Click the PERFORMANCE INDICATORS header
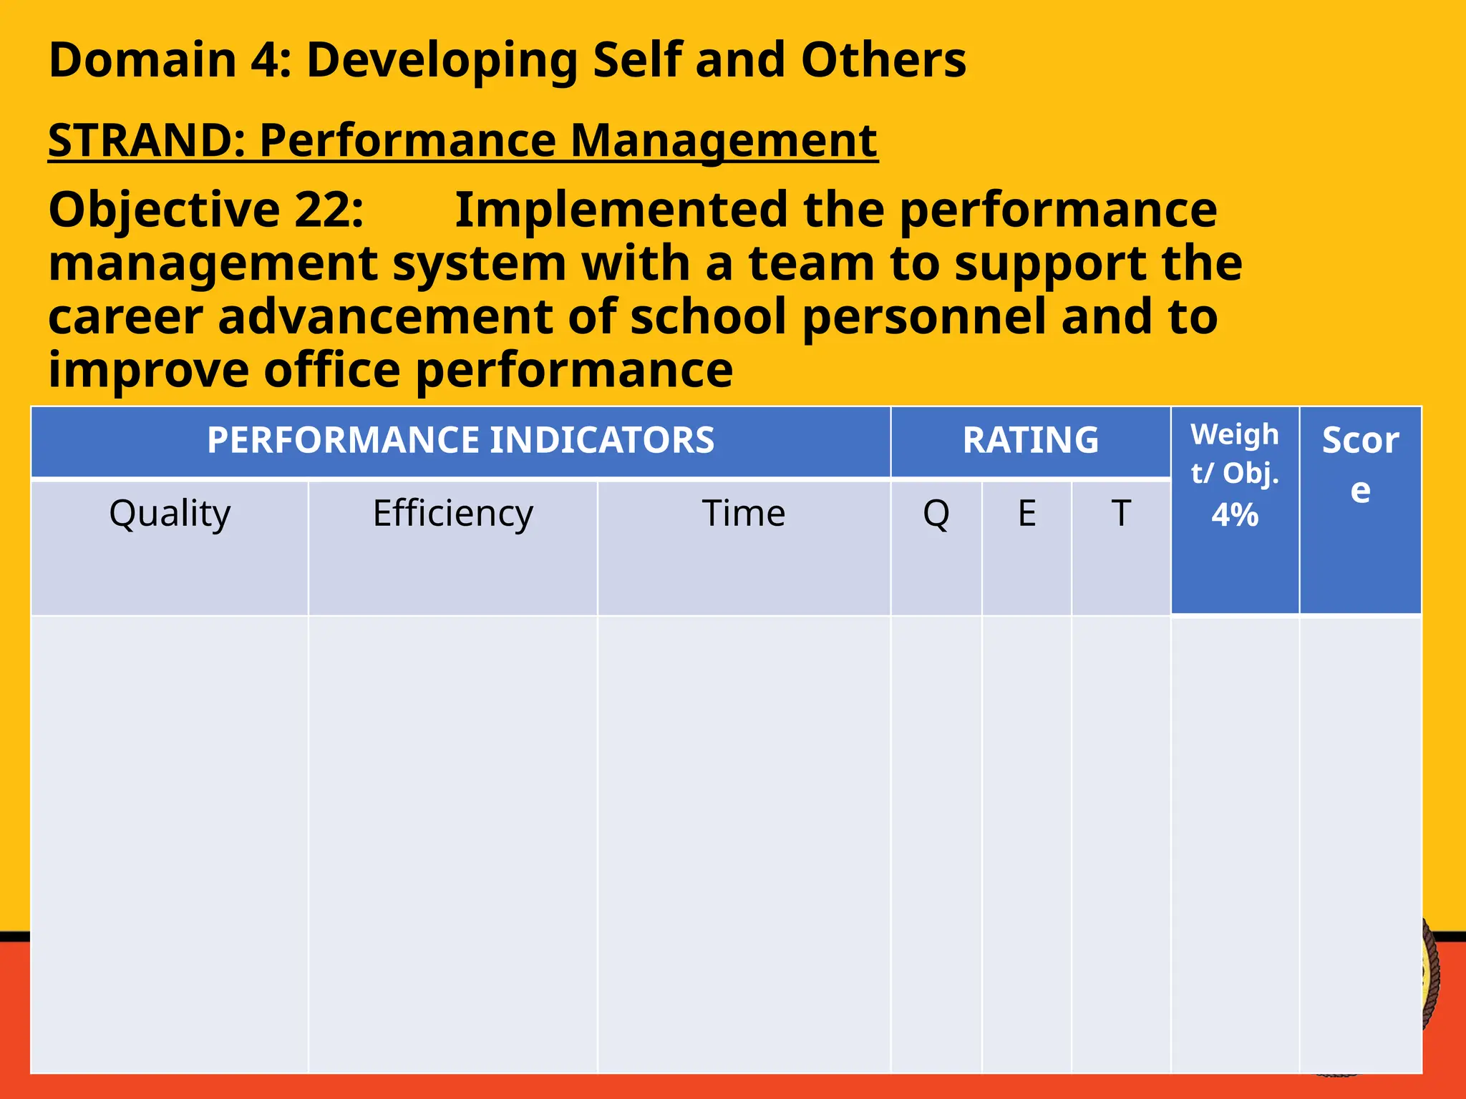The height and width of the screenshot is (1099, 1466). coord(460,440)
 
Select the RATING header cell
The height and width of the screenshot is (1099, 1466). coord(1030,440)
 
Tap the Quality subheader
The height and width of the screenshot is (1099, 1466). coord(170,514)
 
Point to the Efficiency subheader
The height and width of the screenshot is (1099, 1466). coord(453,514)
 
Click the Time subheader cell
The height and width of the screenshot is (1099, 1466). coord(744,514)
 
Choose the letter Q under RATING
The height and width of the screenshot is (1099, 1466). coord(936,514)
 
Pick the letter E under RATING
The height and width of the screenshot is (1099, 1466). coord(1027,514)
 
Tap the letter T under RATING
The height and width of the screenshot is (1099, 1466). coord(1121,514)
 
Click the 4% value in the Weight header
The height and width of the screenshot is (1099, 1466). coord(1235,515)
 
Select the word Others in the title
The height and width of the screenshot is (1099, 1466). coord(883,60)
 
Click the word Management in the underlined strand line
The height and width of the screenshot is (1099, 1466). coord(724,140)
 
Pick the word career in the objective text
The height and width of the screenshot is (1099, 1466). coord(125,317)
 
